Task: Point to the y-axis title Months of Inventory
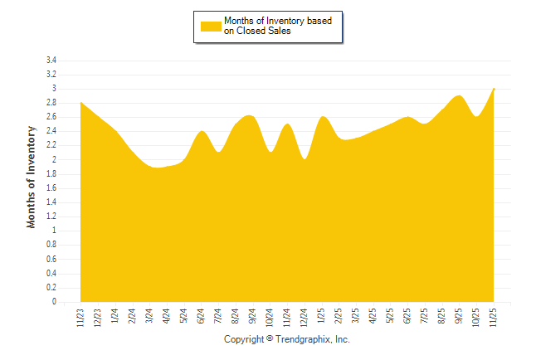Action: tap(32, 177)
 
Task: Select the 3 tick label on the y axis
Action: tap(53, 89)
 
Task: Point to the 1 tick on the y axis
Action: tap(53, 231)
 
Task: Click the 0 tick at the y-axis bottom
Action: tap(53, 302)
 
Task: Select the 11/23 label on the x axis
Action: tap(80, 318)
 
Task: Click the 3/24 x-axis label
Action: tap(149, 316)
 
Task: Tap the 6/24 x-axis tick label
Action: tap(201, 316)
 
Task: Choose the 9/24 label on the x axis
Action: tap(252, 316)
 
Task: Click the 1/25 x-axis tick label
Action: tap(321, 316)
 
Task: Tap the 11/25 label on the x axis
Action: tap(494, 318)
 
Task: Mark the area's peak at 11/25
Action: tap(494, 89)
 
